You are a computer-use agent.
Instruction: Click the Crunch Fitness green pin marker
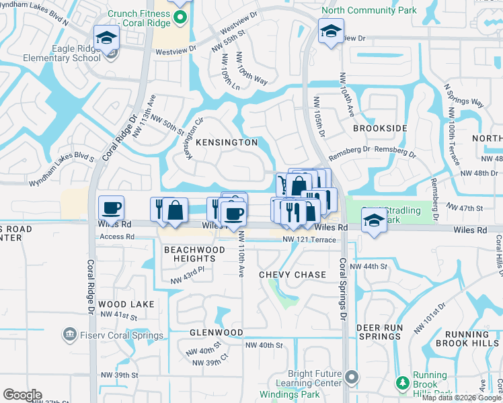click(x=179, y=17)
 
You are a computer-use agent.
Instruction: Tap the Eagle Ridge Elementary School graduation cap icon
click(x=106, y=39)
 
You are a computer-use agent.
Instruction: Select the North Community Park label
click(x=369, y=10)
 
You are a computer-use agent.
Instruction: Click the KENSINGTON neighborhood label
click(x=226, y=142)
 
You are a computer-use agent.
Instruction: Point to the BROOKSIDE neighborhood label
click(x=380, y=128)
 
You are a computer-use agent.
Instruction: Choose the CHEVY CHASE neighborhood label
click(x=293, y=275)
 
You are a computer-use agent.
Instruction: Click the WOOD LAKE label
click(x=126, y=304)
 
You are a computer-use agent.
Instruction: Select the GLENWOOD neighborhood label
click(x=216, y=332)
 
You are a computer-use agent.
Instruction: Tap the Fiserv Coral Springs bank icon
click(x=69, y=334)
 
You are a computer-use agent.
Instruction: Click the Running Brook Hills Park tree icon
click(x=402, y=384)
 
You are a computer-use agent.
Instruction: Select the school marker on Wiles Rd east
click(x=374, y=220)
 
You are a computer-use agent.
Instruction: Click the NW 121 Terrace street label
click(x=309, y=240)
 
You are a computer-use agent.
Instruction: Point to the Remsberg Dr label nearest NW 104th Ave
click(x=349, y=149)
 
